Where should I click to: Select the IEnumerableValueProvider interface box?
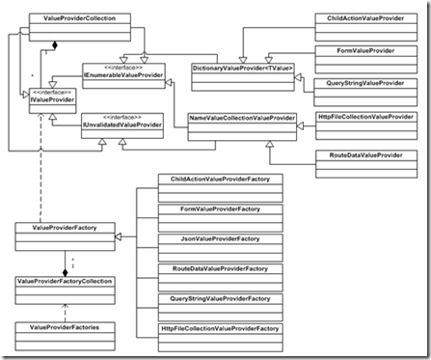point(124,71)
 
